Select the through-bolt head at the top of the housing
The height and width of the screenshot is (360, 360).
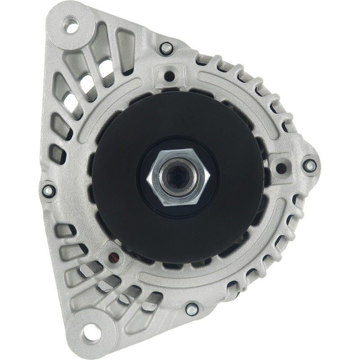(166, 48)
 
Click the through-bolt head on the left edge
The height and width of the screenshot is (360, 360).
(49, 190)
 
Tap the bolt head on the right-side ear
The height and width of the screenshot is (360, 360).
(310, 165)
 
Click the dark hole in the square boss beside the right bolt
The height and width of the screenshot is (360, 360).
(281, 168)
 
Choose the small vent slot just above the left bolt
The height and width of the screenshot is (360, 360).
(58, 153)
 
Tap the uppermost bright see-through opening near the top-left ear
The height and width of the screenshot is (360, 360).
(106, 67)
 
